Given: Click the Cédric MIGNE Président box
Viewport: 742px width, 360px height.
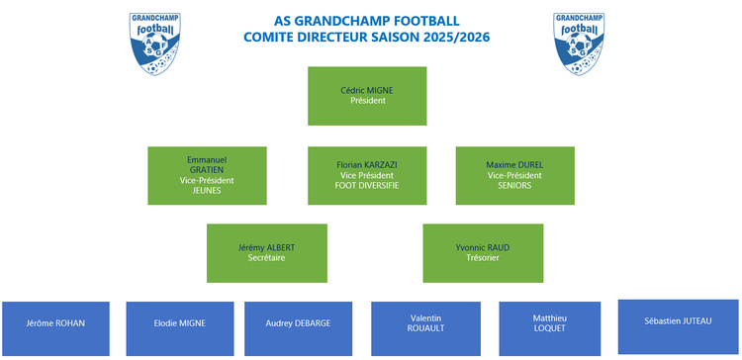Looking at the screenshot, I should pyautogui.click(x=367, y=95).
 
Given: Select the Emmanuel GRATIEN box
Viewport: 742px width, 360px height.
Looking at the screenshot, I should pyautogui.click(x=207, y=175).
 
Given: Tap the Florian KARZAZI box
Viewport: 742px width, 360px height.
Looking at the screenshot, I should pyautogui.click(x=367, y=175).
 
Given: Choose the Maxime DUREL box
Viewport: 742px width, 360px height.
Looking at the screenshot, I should pyautogui.click(x=514, y=175).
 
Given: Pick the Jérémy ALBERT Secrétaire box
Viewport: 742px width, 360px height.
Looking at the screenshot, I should pyautogui.click(x=266, y=252).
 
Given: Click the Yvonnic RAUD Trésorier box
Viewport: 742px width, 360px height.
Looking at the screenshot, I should pyautogui.click(x=483, y=252).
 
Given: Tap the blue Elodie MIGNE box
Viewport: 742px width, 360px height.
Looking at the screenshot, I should pyautogui.click(x=180, y=327).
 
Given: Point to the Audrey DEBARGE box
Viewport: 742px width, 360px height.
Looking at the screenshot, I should pyautogui.click(x=299, y=327).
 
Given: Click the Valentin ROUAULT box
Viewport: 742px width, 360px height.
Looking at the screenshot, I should pyautogui.click(x=424, y=327).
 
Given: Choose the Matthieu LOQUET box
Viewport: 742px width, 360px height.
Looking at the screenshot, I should pyautogui.click(x=550, y=327).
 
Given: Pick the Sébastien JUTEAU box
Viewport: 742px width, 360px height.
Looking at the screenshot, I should pyautogui.click(x=678, y=325).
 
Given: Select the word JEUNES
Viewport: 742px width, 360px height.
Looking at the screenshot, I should pyautogui.click(x=207, y=190).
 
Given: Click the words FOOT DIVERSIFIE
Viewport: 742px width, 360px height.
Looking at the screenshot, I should pyautogui.click(x=367, y=185).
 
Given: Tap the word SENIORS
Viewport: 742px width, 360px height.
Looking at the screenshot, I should pyautogui.click(x=514, y=185).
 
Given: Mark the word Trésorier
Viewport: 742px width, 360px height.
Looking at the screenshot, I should pyautogui.click(x=483, y=257).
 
